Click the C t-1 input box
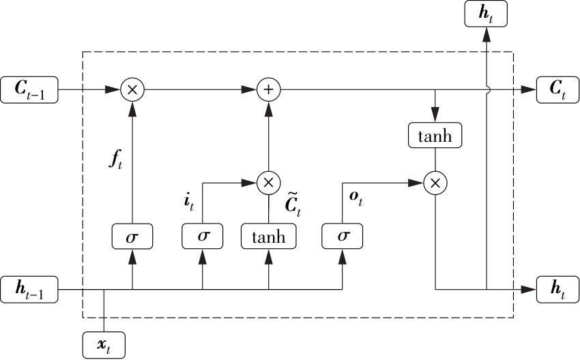[29, 89]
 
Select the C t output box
[557, 89]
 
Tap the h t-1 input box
[29, 290]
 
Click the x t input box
[104, 345]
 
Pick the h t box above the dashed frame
[486, 14]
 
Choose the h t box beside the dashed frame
[557, 290]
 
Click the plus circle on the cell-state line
[269, 89]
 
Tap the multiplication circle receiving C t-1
[132, 89]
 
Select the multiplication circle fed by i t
[269, 182]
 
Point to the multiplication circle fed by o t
[435, 182]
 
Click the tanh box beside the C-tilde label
[269, 237]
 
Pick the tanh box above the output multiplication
[435, 135]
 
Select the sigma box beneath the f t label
[132, 237]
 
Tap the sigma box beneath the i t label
[203, 237]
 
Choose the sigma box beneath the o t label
[343, 237]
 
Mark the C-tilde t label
[292, 205]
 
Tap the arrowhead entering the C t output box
[528, 89]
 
